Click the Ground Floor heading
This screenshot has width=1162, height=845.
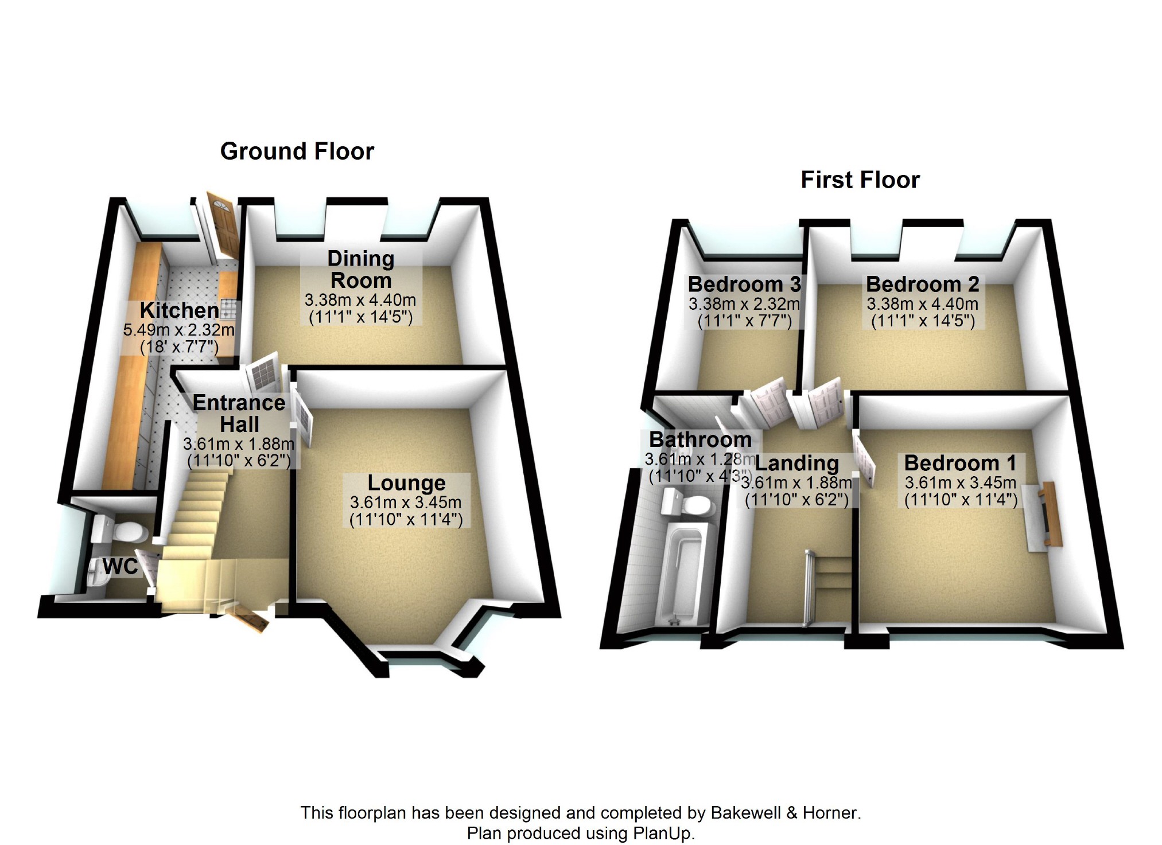coord(297,151)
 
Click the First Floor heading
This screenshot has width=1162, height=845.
coord(860,180)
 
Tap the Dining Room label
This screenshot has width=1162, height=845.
coord(361,270)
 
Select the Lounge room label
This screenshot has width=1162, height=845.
coord(406,483)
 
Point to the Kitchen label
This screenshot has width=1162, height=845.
coord(180,310)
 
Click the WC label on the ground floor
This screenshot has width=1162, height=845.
coord(121,567)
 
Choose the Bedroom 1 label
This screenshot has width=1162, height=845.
coord(960,463)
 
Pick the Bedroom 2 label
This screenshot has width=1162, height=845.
coord(922,284)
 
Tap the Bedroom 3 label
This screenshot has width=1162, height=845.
coord(744,284)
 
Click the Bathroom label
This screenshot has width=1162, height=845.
coord(700,439)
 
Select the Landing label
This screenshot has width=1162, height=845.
coord(797,464)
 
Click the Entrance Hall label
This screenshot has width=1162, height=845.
coord(239,414)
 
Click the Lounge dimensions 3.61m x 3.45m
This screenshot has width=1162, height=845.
coord(406,503)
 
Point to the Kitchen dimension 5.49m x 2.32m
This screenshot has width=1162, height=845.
coord(179,330)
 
